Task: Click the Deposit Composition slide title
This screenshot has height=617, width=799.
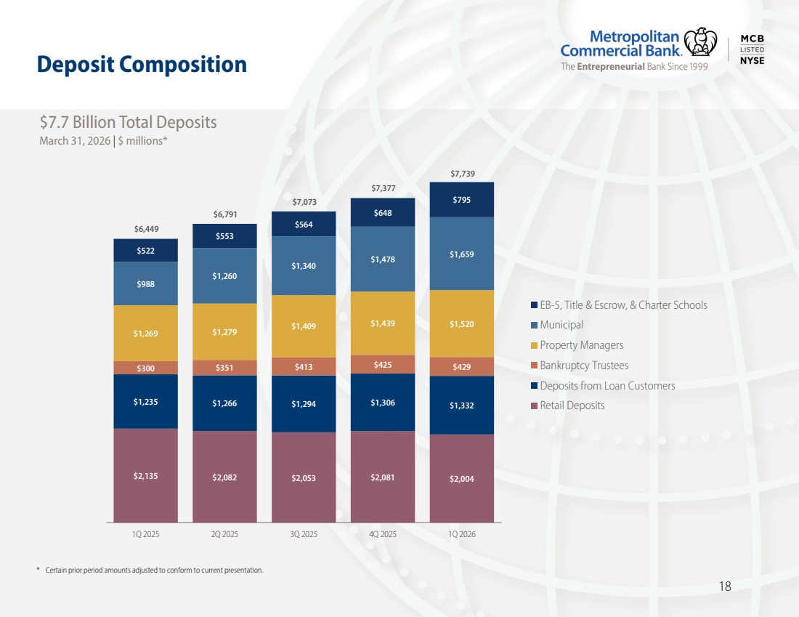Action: pyautogui.click(x=142, y=64)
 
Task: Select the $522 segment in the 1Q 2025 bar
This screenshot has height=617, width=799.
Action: pyautogui.click(x=146, y=251)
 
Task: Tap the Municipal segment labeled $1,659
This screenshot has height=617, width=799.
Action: pyautogui.click(x=462, y=254)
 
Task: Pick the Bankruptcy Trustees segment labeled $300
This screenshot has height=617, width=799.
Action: pyautogui.click(x=146, y=368)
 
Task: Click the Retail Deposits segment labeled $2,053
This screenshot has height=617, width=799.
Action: pyautogui.click(x=304, y=477)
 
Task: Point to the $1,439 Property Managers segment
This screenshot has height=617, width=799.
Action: pyautogui.click(x=383, y=323)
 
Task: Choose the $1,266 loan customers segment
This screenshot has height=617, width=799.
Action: pyautogui.click(x=224, y=403)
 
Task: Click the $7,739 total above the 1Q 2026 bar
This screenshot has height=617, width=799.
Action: pyautogui.click(x=463, y=174)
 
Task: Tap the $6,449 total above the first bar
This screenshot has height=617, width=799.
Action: pyautogui.click(x=146, y=229)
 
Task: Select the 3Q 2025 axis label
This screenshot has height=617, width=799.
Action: pyautogui.click(x=304, y=534)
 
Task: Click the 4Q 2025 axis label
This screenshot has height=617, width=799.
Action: pyautogui.click(x=383, y=534)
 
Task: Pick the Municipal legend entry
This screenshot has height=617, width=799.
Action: pyautogui.click(x=557, y=325)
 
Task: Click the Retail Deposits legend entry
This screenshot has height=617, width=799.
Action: pyautogui.click(x=568, y=406)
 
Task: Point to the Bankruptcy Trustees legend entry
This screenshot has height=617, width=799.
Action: pyautogui.click(x=580, y=365)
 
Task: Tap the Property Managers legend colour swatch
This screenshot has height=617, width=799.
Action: pyautogui.click(x=534, y=345)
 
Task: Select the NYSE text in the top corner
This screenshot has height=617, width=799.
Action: pyautogui.click(x=752, y=60)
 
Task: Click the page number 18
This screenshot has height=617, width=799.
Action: pyautogui.click(x=725, y=586)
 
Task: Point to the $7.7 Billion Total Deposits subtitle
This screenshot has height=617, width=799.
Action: pyautogui.click(x=129, y=122)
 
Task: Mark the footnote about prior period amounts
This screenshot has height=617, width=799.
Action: pyautogui.click(x=150, y=570)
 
